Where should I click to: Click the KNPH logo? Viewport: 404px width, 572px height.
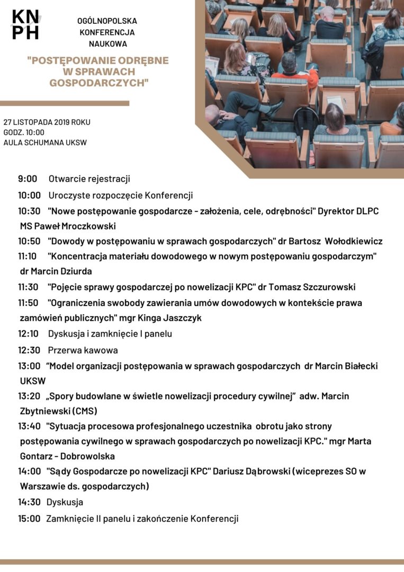(x=25, y=24)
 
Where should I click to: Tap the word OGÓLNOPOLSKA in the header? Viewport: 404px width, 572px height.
(x=107, y=21)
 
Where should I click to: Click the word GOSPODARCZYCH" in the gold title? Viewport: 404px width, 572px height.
(x=99, y=83)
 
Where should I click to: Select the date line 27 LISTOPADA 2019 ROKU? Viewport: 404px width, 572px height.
(x=47, y=122)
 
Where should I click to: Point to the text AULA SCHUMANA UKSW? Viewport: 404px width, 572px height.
(x=45, y=142)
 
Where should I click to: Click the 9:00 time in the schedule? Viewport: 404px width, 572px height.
(x=28, y=179)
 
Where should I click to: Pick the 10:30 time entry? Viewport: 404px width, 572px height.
(x=29, y=211)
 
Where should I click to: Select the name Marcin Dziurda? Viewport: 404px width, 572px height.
(x=56, y=272)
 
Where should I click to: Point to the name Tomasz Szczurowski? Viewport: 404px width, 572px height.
(x=312, y=287)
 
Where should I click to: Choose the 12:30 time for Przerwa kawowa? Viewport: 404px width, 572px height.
(x=29, y=350)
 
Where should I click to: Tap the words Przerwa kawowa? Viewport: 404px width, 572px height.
(x=83, y=350)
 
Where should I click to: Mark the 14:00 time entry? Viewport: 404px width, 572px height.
(x=29, y=471)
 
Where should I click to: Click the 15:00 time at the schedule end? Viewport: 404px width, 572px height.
(x=29, y=519)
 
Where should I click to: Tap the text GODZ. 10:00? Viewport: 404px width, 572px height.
(x=24, y=132)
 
